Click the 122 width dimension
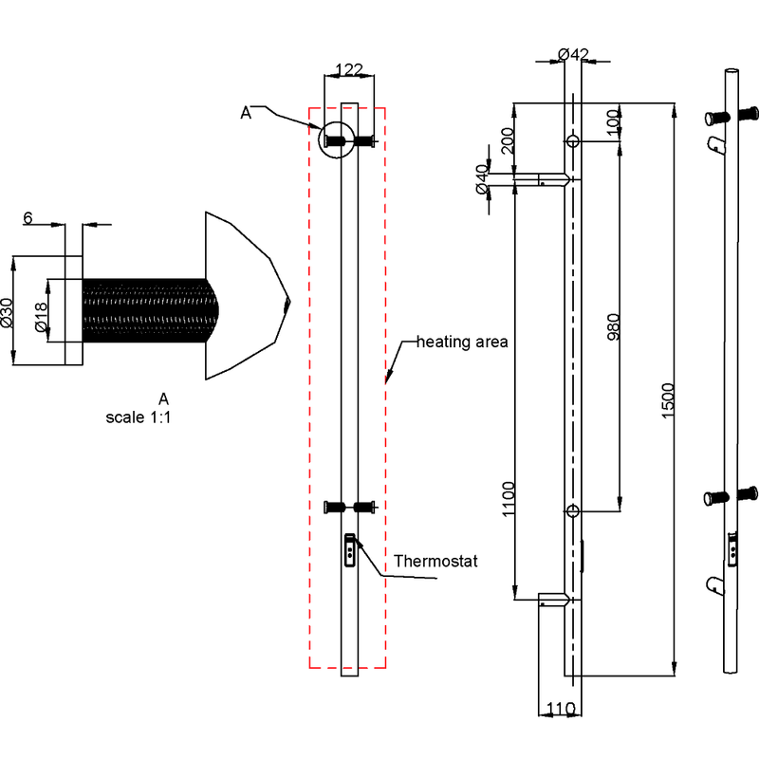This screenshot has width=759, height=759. [348, 69]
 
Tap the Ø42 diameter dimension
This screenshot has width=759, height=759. [573, 54]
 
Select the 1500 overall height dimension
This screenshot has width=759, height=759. [668, 400]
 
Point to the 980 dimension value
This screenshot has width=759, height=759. [613, 326]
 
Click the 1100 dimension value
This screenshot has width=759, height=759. [509, 499]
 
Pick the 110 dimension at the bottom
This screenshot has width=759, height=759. [561, 709]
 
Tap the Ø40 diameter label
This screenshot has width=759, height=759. [482, 179]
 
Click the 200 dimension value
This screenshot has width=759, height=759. [507, 140]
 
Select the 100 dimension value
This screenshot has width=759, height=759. [613, 123]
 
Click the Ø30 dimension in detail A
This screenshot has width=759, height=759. [7, 312]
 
